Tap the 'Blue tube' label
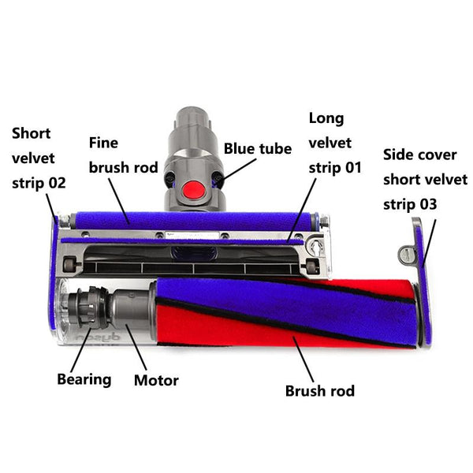258,148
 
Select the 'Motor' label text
156,381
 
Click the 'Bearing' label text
84,379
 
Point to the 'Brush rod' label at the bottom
319,390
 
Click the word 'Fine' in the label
103,143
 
